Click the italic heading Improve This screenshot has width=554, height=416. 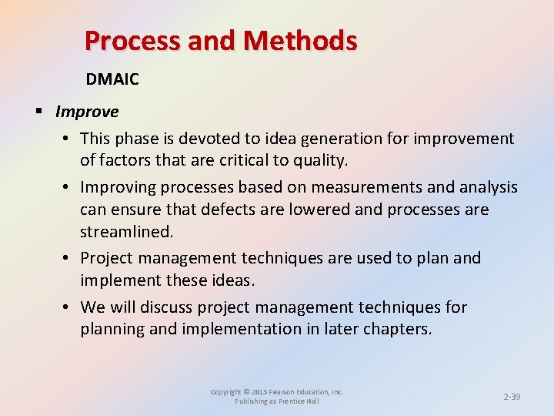tap(87, 112)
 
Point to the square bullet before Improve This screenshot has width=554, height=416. tap(38, 112)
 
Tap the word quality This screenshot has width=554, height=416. tap(322, 161)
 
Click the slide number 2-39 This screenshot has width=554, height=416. tap(512, 397)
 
